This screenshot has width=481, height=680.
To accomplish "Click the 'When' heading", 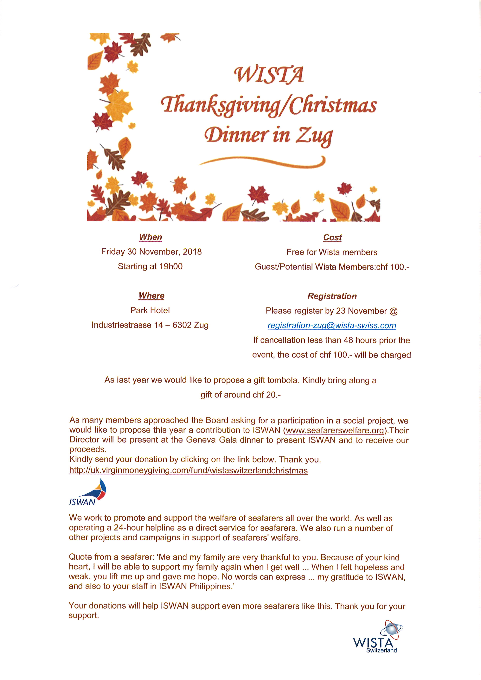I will pos(151,237).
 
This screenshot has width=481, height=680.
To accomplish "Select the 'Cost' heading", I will pos(332,238).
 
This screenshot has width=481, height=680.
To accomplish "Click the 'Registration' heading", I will pos(332,296).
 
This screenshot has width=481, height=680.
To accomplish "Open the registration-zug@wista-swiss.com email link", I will pos(332,326).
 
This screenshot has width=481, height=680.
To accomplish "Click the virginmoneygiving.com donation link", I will pos(188,471).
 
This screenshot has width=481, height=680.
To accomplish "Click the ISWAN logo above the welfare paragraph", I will pos(87,493).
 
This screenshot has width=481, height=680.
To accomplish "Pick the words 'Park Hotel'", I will pos(150,310).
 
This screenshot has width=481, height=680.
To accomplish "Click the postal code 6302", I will pos(182,325).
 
